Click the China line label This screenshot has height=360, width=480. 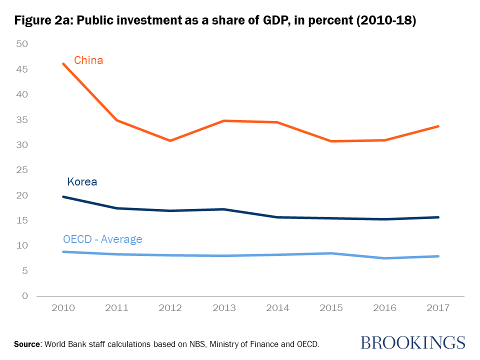(x=88, y=60)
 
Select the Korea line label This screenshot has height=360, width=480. (x=82, y=181)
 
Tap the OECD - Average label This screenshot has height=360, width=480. (x=102, y=239)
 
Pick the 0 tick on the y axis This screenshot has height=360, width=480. (x=24, y=296)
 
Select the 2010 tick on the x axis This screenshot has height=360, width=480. (x=63, y=307)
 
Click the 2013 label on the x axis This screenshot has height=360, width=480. (x=224, y=307)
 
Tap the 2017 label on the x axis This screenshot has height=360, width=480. (x=438, y=307)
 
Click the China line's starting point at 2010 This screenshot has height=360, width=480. (x=63, y=64)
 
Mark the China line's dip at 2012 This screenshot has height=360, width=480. (x=170, y=140)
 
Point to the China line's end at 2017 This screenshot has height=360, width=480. (x=438, y=126)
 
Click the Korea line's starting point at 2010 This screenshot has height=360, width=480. (x=63, y=196)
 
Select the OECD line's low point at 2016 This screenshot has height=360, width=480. (x=385, y=258)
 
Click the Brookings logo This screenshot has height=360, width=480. (x=412, y=342)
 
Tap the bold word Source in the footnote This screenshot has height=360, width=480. (x=28, y=344)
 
